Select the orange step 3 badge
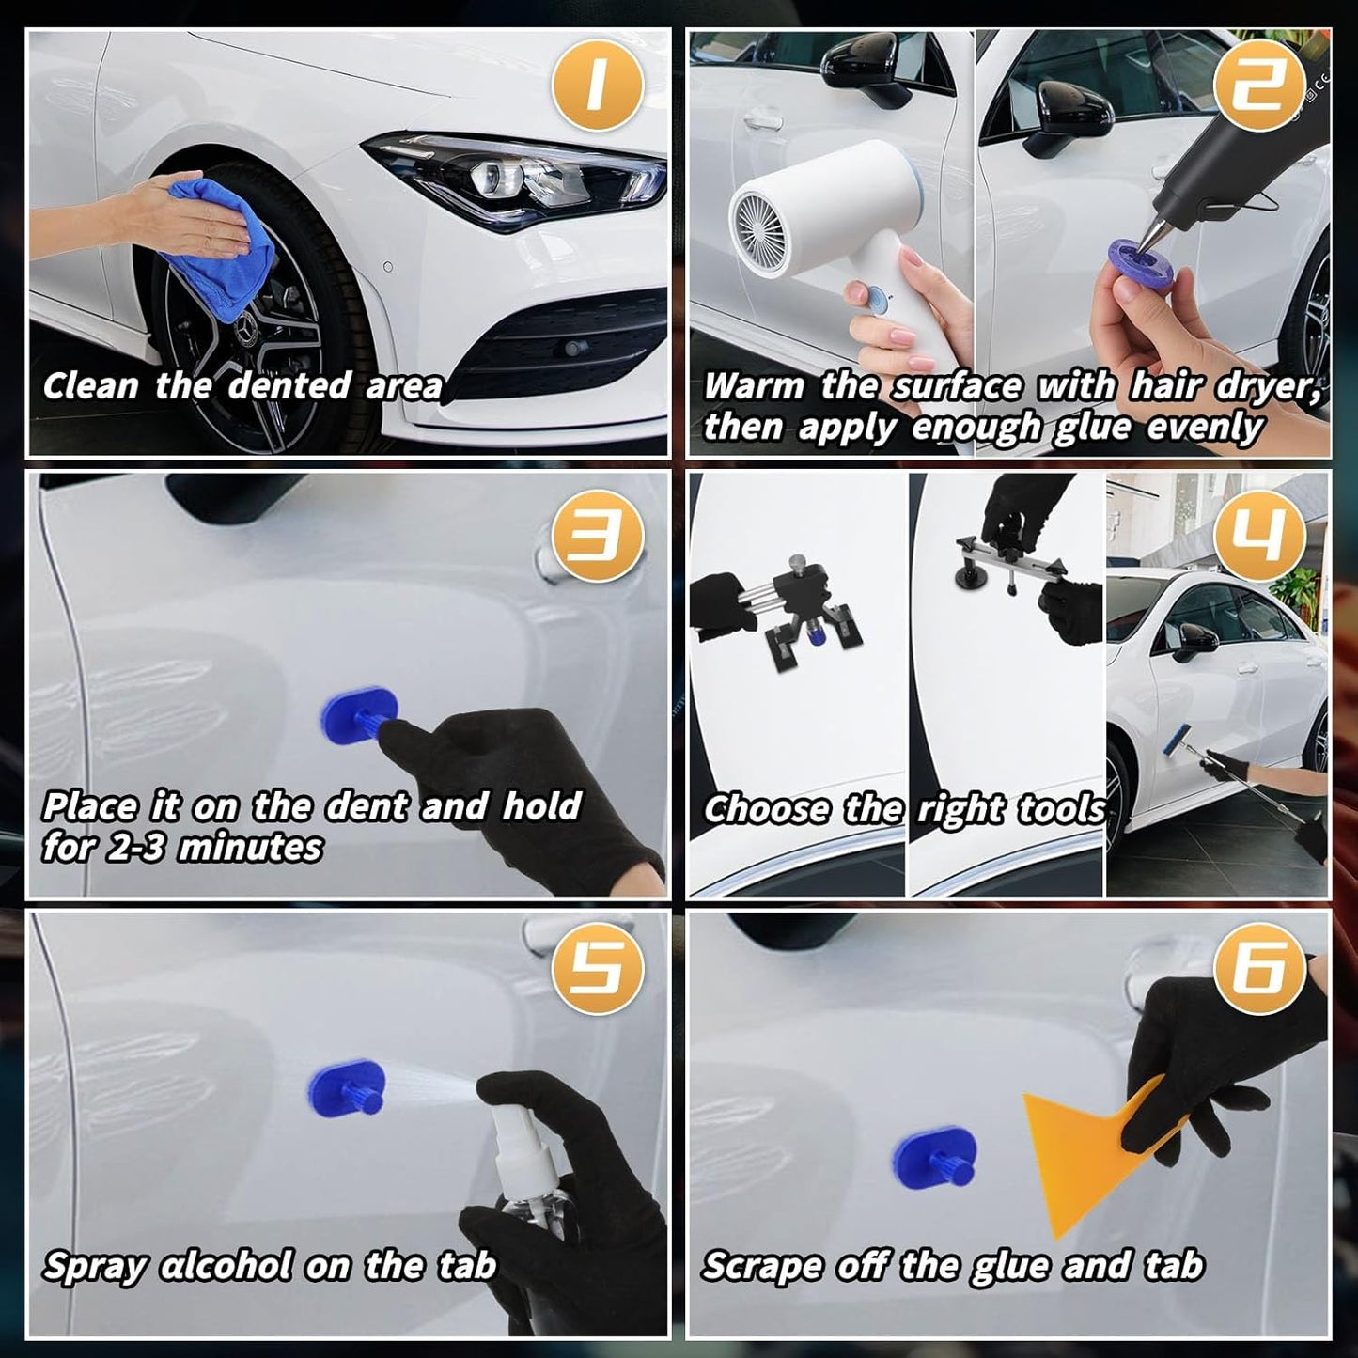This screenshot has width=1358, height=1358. click(x=598, y=536)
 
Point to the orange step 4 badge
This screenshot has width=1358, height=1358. click(x=1259, y=536)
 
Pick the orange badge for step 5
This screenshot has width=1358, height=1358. click(x=598, y=969)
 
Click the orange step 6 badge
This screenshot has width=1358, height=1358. click(x=1259, y=969)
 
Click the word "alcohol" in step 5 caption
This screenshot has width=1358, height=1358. click(x=226, y=1265)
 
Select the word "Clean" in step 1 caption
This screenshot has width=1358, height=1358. click(x=90, y=386)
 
